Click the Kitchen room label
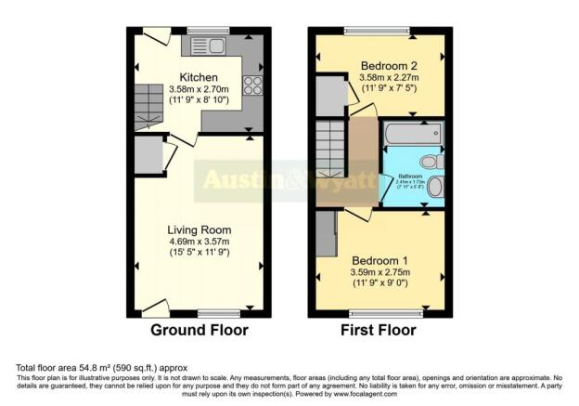tap(199, 76)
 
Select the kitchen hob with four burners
tap(252, 85)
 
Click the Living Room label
tap(199, 229)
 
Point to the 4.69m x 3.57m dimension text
tap(199, 242)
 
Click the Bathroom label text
tap(411, 176)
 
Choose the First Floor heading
tap(379, 331)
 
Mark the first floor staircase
tap(332, 149)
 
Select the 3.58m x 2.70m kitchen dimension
tap(199, 89)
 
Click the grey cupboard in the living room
tap(148, 156)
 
